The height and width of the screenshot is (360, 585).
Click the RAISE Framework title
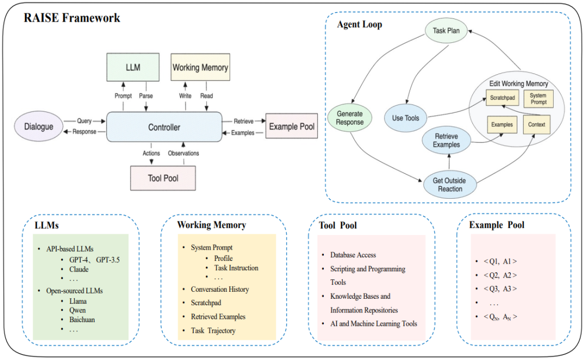72,18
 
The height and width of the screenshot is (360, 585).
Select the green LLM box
133,68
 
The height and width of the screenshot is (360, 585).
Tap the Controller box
164,127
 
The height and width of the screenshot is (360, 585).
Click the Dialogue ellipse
39,127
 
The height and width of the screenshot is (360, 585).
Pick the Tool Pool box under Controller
163,178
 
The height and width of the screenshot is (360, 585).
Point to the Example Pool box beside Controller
291,127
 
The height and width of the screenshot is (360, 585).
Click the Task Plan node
446,31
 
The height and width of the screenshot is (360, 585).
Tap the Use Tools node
405,118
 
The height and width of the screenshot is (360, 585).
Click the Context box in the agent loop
536,125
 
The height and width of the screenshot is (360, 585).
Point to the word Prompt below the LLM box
123,96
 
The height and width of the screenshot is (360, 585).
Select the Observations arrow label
184,153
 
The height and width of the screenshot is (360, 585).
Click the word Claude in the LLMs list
79,269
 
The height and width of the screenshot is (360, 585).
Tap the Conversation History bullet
219,290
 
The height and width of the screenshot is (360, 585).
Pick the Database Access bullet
353,255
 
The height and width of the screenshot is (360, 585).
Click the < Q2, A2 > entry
496,276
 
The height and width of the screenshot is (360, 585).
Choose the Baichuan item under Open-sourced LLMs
82,319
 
